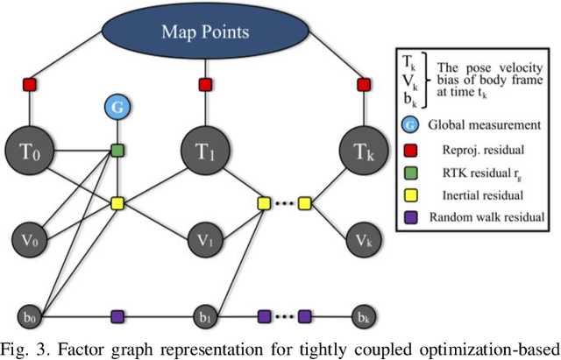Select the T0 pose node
30,155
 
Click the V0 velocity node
30,237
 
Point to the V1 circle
204,237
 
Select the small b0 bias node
30,314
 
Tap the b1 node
204,314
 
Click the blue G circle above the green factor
117,109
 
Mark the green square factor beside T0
117,151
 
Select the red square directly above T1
204,85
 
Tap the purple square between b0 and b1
117,314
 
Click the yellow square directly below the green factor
117,203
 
